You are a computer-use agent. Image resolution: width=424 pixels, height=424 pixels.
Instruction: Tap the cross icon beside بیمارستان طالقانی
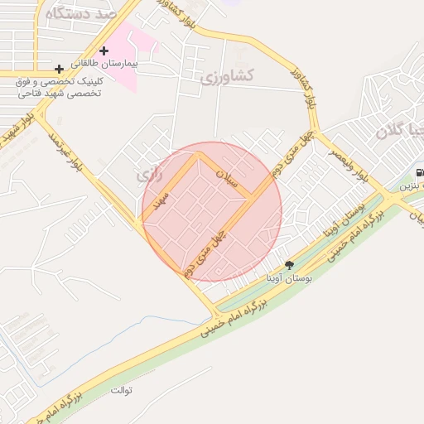click(x=104, y=51)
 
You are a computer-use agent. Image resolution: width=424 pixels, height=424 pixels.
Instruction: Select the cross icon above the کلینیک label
click(x=58, y=69)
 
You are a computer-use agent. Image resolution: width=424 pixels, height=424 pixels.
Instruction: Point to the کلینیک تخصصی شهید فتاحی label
click(x=58, y=88)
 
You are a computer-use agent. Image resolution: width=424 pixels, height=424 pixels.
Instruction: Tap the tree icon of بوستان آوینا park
click(x=288, y=265)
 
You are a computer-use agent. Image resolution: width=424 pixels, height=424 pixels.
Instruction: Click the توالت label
click(x=121, y=389)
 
